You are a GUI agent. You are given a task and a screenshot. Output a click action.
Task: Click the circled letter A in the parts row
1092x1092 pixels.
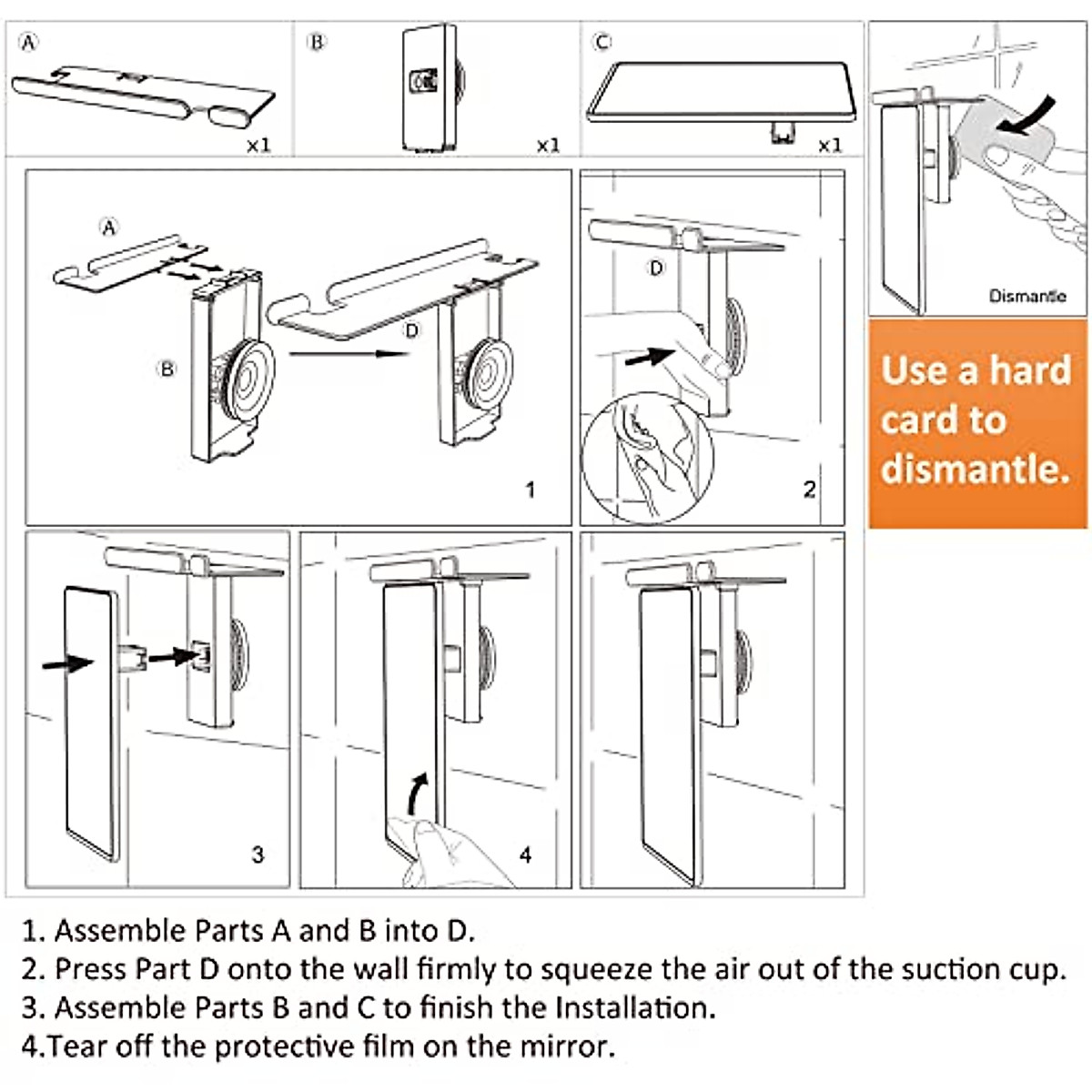point(29,42)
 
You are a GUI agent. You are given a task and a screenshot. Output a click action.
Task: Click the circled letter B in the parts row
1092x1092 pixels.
point(317,42)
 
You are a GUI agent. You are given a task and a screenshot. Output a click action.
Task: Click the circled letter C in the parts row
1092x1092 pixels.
point(602,42)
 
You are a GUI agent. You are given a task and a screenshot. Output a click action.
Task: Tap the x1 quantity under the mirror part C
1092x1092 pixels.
point(829,145)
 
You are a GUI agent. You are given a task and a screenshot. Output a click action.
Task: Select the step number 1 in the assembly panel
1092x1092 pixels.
point(531,490)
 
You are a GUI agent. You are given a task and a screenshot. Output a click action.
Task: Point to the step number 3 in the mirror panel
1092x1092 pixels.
point(258,854)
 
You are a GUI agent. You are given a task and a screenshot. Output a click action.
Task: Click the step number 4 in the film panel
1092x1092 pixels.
point(525,854)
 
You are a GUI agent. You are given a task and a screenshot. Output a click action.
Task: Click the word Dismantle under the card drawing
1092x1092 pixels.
point(1027,296)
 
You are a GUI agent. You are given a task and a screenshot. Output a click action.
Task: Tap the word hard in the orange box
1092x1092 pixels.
point(1029,370)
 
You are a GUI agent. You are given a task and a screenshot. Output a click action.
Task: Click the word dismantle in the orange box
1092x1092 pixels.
point(975,468)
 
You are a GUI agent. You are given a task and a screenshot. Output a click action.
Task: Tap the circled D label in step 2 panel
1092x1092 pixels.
point(656,268)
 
